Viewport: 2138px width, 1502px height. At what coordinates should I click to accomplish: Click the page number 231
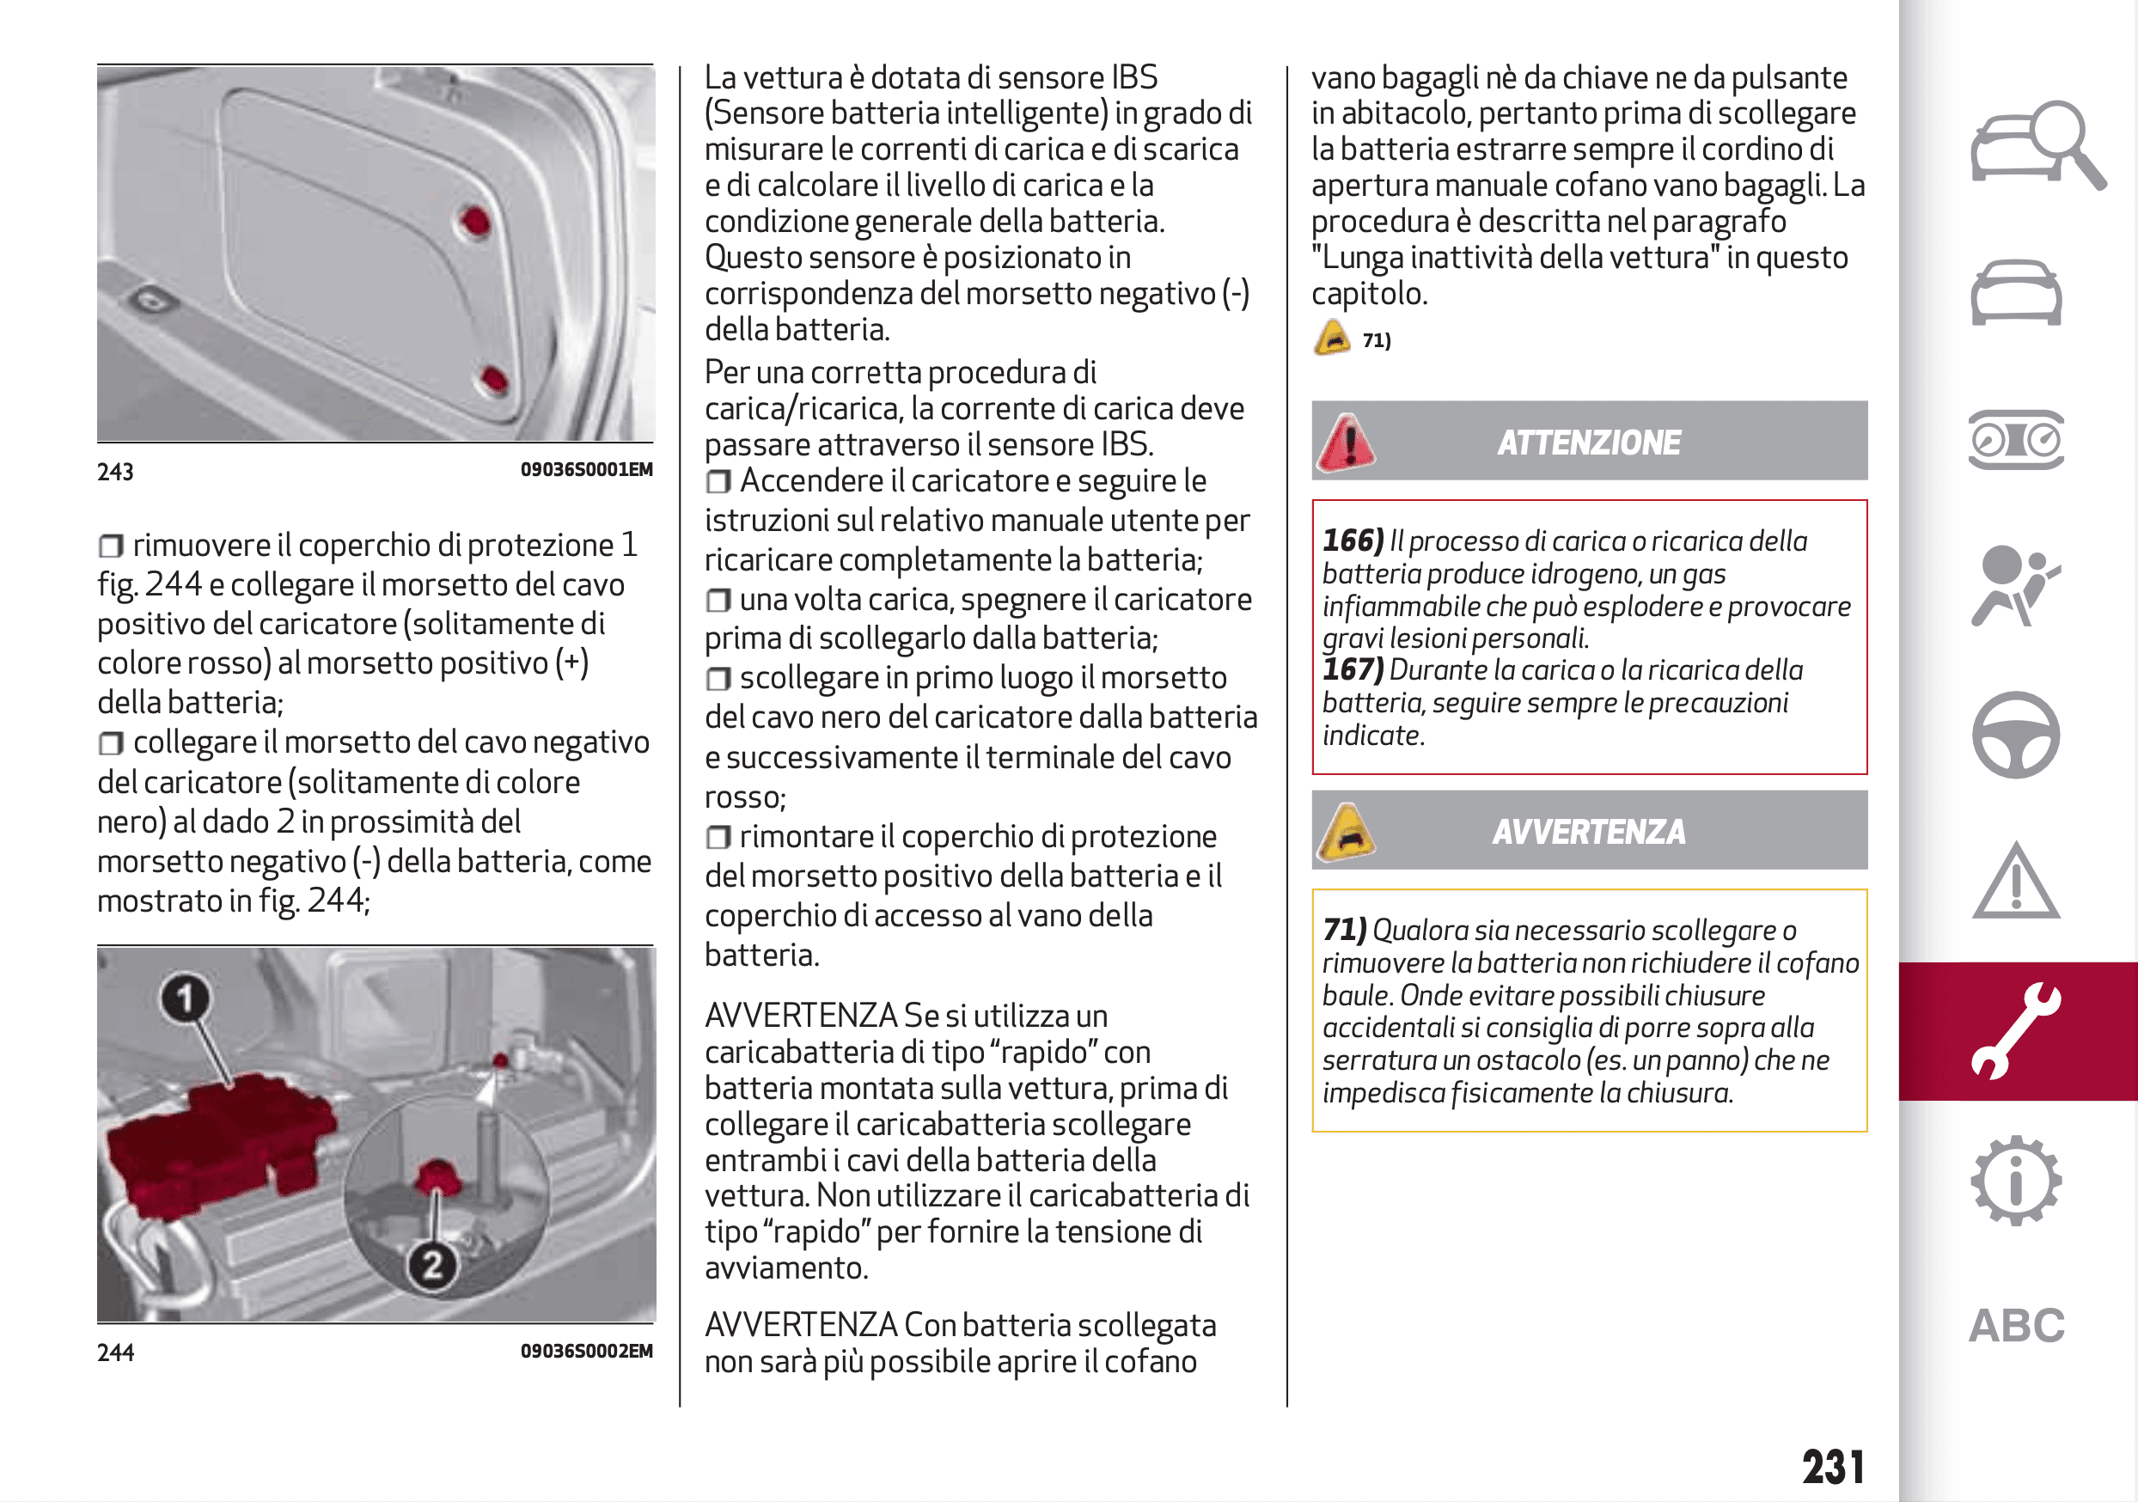point(1833,1467)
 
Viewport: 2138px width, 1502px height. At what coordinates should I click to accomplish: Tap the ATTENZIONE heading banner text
point(1589,443)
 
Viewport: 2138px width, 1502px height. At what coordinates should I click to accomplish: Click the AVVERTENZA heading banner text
point(1589,832)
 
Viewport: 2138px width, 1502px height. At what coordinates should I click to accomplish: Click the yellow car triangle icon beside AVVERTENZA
point(1346,832)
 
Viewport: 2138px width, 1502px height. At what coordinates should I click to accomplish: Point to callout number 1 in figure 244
point(186,998)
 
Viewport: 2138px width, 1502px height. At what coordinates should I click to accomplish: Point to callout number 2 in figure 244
point(432,1265)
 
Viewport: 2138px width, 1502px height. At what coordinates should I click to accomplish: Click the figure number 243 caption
point(115,472)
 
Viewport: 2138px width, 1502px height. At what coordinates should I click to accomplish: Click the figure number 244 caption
point(115,1352)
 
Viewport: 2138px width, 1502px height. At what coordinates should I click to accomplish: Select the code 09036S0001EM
point(586,469)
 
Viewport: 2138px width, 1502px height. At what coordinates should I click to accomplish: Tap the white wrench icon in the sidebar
point(2016,1031)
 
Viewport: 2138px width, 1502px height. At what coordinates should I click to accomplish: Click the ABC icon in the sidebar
point(2016,1325)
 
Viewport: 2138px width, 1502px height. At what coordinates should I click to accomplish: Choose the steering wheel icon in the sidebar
point(2016,735)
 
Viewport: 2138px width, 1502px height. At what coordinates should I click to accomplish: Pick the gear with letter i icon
point(2016,1180)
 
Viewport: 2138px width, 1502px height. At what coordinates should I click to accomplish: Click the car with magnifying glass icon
point(2035,144)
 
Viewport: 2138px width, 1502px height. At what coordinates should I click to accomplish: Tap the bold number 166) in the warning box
point(1353,541)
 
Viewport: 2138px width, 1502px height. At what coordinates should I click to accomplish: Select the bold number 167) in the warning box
point(1353,669)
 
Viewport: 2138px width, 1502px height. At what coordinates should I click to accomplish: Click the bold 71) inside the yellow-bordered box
point(1344,931)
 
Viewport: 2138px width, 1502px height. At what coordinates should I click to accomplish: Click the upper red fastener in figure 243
point(476,222)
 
